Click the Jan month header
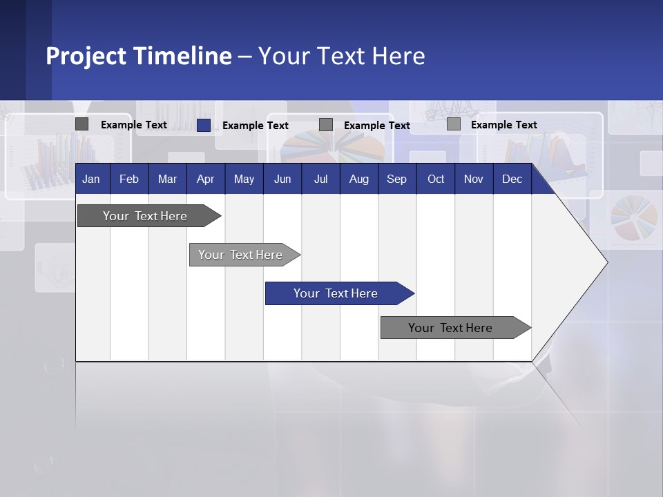tap(91, 179)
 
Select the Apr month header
tap(205, 179)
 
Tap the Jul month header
tap(320, 179)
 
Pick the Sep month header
tap(396, 179)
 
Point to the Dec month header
tap(512, 179)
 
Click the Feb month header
tap(129, 179)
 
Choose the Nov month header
tap(473, 179)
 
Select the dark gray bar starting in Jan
tap(145, 216)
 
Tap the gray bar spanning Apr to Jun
tap(240, 255)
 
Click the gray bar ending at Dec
tap(450, 328)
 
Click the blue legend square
tap(203, 125)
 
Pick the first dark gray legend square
tap(81, 124)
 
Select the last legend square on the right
tap(453, 124)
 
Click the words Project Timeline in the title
tap(138, 56)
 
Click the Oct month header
tap(435, 179)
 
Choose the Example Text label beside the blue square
tap(255, 126)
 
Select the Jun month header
tap(282, 179)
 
